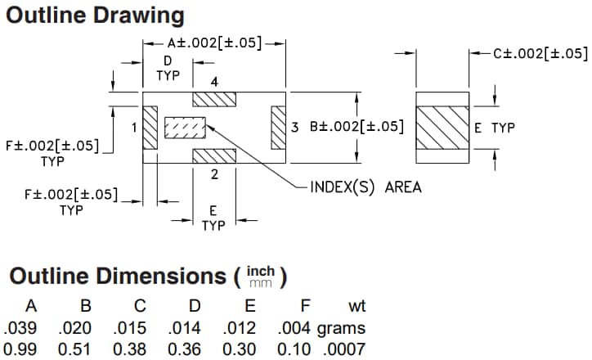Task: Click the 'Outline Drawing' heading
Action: (95, 16)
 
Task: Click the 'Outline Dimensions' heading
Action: (118, 276)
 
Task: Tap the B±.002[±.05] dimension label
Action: (357, 128)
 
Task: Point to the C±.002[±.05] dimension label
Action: (540, 53)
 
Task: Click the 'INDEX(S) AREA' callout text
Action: (366, 187)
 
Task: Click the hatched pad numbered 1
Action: (150, 128)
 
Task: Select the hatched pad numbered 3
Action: (277, 128)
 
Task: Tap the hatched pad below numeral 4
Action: (213, 98)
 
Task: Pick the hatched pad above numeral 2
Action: (213, 156)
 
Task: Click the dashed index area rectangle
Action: (184, 128)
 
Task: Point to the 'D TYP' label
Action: (168, 69)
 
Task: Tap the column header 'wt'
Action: (357, 307)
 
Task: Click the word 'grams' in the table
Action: (341, 329)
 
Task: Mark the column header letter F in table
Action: (304, 307)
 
